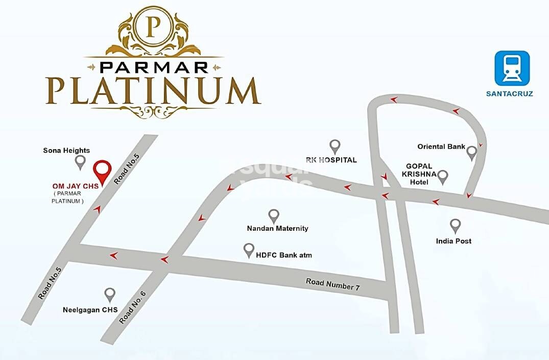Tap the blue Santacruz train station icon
[x=512, y=68]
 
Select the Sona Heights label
[x=66, y=150]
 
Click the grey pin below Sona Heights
[x=80, y=162]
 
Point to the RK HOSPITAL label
[x=331, y=160]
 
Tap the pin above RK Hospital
[x=335, y=146]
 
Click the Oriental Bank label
[x=441, y=147]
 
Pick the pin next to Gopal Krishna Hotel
[x=443, y=177]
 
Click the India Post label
[x=453, y=241]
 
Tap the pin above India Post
[x=455, y=225]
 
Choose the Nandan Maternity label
[x=277, y=228]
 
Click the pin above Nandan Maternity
[x=274, y=215]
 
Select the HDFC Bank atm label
[x=283, y=254]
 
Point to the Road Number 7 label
[x=333, y=284]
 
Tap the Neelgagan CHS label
[x=90, y=309]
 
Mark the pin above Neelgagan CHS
[x=110, y=294]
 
